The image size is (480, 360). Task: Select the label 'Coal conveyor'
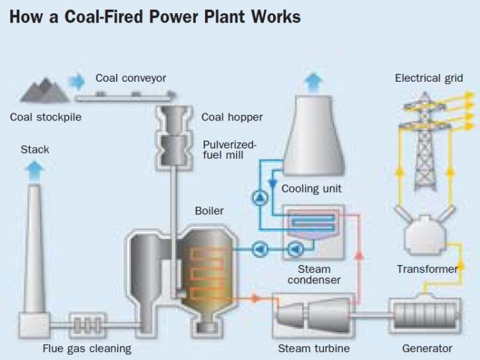coord(131,78)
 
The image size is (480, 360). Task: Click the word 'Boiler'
coord(209,211)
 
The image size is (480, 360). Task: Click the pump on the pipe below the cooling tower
coord(258,196)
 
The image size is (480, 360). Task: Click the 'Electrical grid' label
coord(429,78)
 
